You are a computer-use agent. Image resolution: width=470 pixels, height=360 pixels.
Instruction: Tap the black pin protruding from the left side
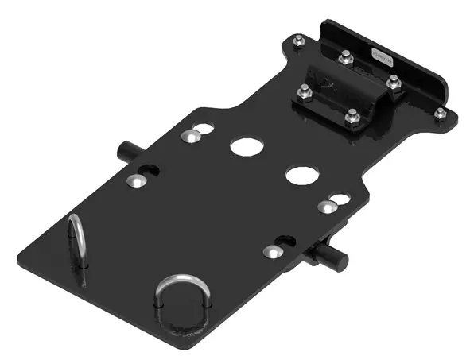(x=126, y=150)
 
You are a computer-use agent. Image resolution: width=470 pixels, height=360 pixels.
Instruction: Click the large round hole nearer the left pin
(x=246, y=146)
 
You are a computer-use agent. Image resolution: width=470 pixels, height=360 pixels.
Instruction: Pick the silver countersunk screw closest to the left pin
(x=137, y=181)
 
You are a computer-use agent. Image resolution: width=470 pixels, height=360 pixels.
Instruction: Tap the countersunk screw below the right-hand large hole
(x=325, y=208)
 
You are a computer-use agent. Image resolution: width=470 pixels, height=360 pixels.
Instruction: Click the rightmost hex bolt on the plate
(x=439, y=114)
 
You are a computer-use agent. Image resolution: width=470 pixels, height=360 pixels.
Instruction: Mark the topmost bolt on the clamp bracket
(x=346, y=57)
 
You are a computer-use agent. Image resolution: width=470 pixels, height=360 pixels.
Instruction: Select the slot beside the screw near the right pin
(x=285, y=239)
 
